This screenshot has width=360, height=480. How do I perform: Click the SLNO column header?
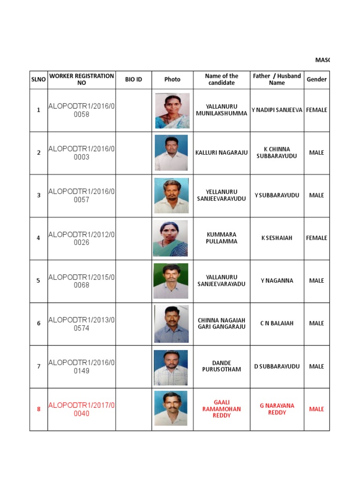pos(38,79)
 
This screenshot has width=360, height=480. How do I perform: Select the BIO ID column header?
pos(134,79)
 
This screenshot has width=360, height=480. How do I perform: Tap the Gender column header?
pos(316,79)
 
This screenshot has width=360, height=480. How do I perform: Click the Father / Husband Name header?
pos(277,79)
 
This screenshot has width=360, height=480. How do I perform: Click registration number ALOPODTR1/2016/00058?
pos(82,110)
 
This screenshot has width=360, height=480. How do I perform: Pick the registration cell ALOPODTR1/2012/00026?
pos(82,238)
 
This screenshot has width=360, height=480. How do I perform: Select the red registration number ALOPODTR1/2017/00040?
pos(82,409)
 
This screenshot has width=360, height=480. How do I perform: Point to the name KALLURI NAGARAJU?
pos(221,153)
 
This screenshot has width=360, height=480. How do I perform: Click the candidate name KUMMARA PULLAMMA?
pos(221,238)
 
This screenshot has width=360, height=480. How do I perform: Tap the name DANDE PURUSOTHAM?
pos(221,366)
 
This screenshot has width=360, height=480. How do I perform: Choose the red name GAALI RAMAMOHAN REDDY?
pos(221,409)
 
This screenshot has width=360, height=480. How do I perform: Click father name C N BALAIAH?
pos(277,323)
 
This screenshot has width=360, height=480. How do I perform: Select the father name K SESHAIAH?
pos(277,238)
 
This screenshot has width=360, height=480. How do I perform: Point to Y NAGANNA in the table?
pos(277,281)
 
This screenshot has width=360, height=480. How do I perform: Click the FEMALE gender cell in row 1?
pos(316,110)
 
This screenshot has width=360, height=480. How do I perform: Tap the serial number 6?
pos(38,323)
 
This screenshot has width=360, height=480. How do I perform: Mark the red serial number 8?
pos(38,409)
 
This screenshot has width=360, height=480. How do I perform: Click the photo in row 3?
pos(172,195)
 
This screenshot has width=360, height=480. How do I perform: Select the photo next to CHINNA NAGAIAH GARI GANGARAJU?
pos(172,323)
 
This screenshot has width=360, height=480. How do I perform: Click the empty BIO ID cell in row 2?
pos(134,153)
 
